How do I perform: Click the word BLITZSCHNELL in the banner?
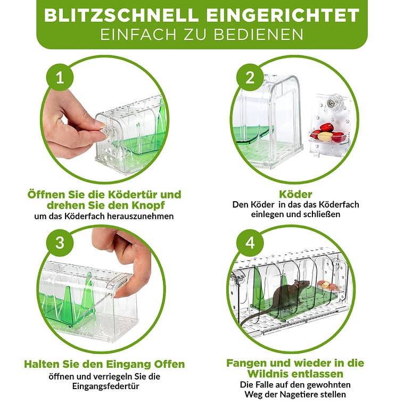121,15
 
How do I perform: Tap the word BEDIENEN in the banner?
259,35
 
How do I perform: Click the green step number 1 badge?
60,77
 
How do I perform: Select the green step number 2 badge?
250,77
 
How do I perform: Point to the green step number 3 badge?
60,243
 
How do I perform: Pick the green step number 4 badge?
250,243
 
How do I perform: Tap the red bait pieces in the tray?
328,133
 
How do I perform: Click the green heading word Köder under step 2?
295,194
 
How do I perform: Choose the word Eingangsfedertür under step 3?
105,386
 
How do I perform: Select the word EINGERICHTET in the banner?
283,15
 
